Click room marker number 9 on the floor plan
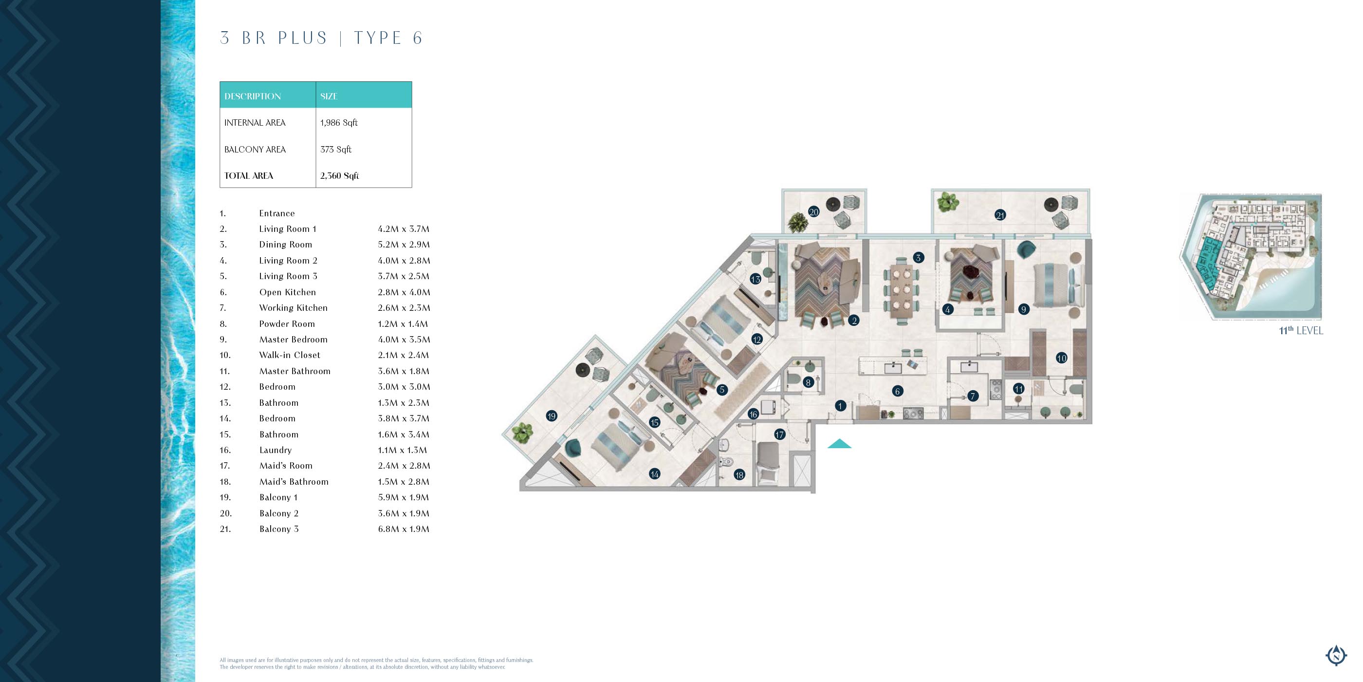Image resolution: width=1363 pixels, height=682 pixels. coord(1023,309)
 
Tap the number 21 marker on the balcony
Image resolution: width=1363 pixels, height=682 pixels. coord(1000,215)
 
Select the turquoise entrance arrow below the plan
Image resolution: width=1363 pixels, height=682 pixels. coord(840,444)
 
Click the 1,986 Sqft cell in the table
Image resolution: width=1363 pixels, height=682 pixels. coord(339,123)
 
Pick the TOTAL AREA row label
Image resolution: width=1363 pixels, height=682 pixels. coord(249,176)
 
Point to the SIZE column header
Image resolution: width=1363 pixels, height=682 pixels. coord(329,96)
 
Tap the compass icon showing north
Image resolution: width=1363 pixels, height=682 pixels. coord(1336,656)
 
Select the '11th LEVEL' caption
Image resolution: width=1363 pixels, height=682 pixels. coord(1301,330)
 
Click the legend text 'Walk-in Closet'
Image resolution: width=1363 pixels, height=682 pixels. coord(290,355)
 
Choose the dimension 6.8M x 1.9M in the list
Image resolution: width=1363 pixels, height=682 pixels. coord(404,529)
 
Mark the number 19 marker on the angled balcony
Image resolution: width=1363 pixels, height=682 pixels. coord(552,416)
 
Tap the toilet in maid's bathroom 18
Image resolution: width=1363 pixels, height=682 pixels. coord(725,461)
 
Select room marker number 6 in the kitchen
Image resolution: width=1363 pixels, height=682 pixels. coord(897,391)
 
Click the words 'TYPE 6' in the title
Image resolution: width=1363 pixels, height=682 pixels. coord(388,38)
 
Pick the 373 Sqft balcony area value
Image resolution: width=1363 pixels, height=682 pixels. coord(335,150)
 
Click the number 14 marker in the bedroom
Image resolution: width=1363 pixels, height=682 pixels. coord(655,474)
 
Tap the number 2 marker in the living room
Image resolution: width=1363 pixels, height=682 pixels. coord(853,321)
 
